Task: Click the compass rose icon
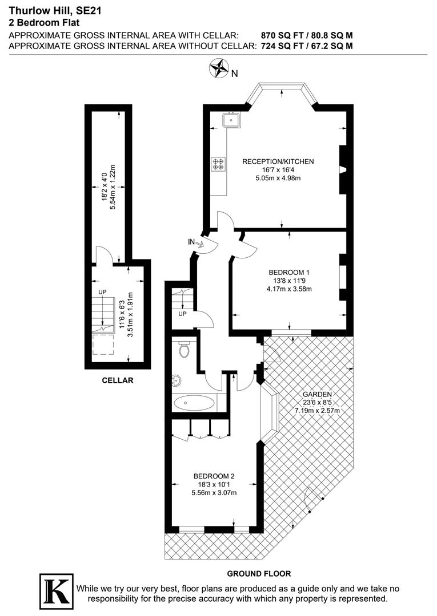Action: pyautogui.click(x=219, y=68)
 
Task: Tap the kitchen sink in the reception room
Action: pyautogui.click(x=232, y=120)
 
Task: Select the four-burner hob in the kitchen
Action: pyautogui.click(x=218, y=164)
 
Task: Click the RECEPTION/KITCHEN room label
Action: pyautogui.click(x=278, y=161)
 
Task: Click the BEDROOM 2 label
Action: pyautogui.click(x=214, y=476)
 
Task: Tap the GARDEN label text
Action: pyautogui.click(x=317, y=394)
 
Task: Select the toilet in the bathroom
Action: pyautogui.click(x=184, y=349)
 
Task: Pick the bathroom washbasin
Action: pyautogui.click(x=176, y=379)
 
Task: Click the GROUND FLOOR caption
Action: pyautogui.click(x=259, y=573)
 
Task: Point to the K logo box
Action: pyautogui.click(x=56, y=589)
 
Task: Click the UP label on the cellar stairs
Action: pyautogui.click(x=103, y=292)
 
